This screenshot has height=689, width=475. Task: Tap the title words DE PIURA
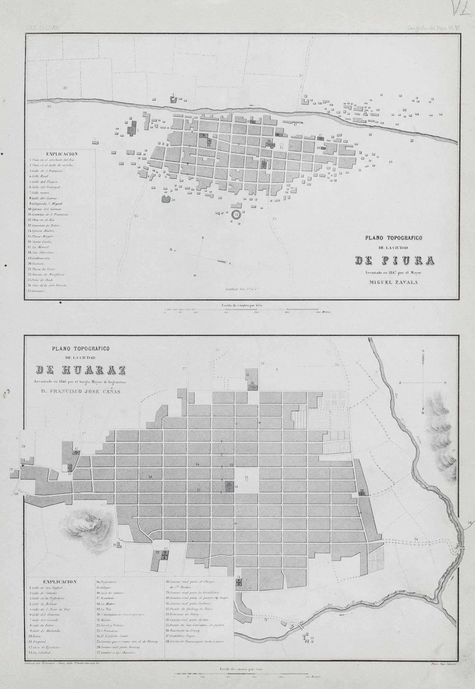tap(395, 260)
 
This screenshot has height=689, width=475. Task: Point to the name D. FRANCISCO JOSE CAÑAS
tap(80, 391)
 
